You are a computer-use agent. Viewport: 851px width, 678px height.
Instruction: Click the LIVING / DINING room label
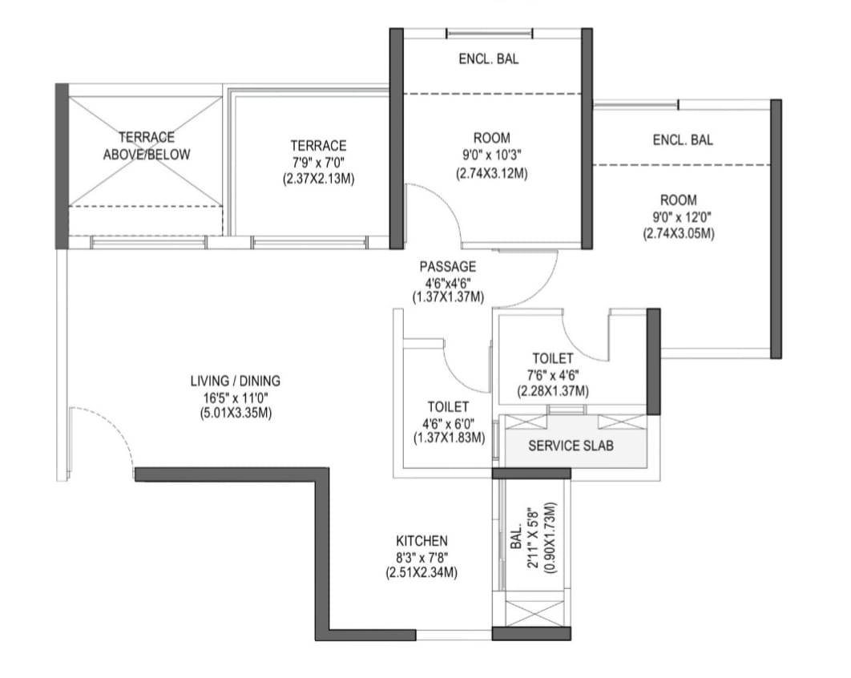pos(236,381)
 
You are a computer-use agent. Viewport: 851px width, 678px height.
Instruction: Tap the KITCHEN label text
pos(421,541)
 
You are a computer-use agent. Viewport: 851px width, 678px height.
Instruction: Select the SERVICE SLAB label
pos(571,446)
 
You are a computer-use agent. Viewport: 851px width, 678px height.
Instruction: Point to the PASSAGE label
pos(448,267)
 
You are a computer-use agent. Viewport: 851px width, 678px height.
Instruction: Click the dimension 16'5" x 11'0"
pos(236,397)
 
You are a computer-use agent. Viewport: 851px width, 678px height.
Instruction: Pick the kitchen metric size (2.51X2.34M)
pos(421,573)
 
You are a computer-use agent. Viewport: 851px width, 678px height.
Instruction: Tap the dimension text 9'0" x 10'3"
pos(492,155)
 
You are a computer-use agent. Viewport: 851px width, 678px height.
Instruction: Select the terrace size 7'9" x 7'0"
pos(318,163)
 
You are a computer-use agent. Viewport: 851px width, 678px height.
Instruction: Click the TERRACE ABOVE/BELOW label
pos(147,146)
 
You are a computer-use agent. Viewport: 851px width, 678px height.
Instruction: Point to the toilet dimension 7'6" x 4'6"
pos(552,374)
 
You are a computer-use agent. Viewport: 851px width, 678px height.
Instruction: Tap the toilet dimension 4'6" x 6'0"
pos(449,423)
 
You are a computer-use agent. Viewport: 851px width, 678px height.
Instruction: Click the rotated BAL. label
pos(516,536)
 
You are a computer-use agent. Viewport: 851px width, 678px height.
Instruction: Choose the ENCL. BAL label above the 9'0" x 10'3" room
pos(489,59)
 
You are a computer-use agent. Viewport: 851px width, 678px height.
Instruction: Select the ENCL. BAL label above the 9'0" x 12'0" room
pos(683,140)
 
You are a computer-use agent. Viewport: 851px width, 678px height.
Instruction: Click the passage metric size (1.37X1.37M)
pos(448,297)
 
